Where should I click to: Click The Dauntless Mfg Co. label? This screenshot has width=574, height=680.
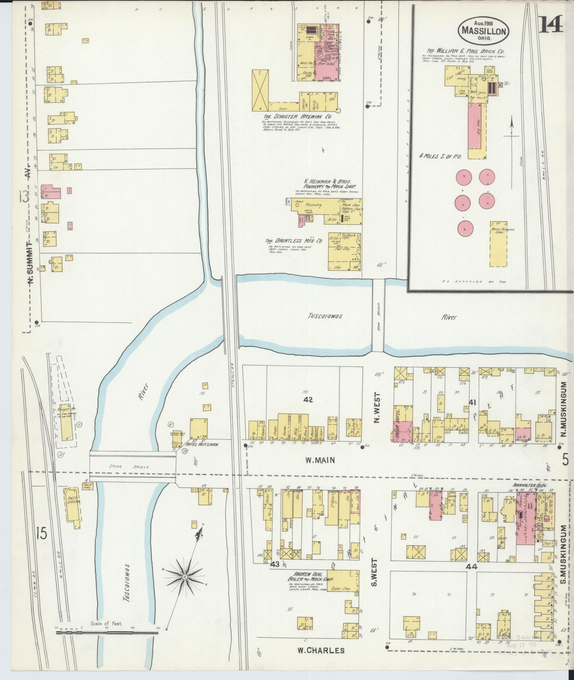coord(294,241)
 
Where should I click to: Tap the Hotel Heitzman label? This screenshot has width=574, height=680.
coord(202,445)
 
